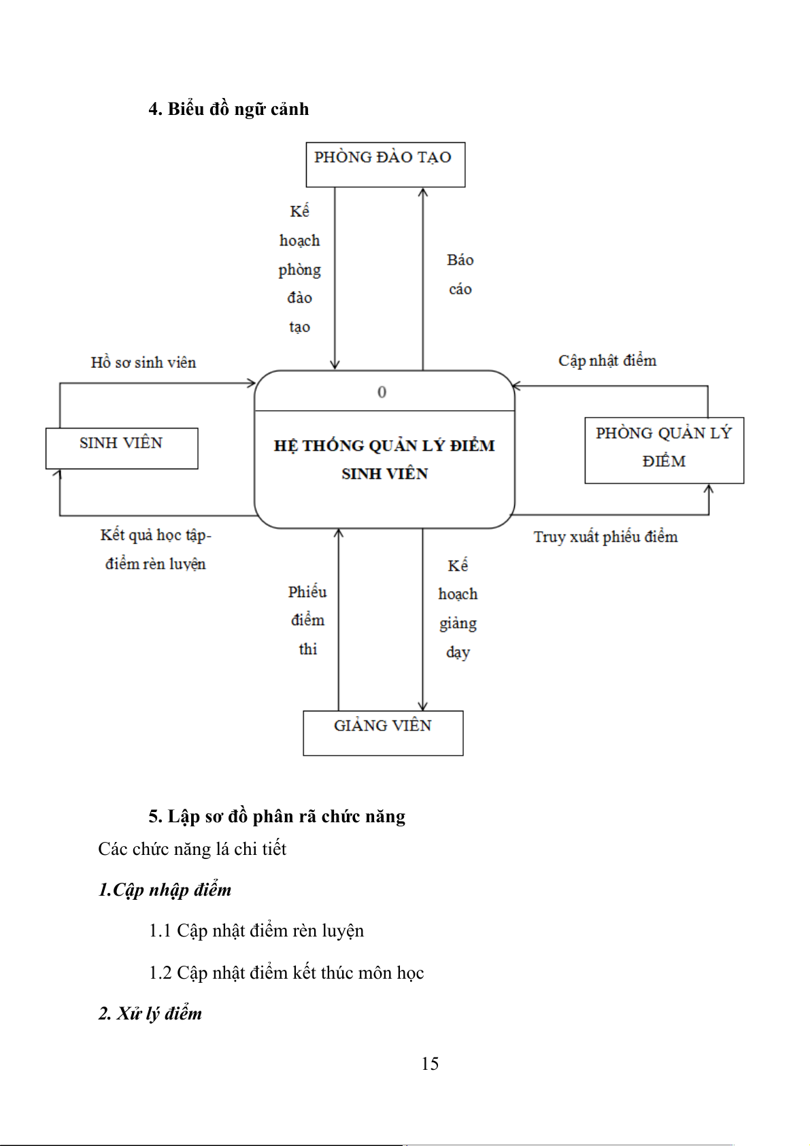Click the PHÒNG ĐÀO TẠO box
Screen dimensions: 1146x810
[x=385, y=164]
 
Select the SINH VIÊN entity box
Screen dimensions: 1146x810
[x=121, y=448]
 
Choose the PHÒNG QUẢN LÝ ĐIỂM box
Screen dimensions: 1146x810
[x=664, y=450]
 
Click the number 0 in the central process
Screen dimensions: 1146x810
[x=382, y=392]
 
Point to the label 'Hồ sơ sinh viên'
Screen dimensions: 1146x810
[x=144, y=363]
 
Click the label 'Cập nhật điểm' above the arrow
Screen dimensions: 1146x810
[x=607, y=360]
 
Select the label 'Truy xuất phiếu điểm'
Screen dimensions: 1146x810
[x=605, y=537]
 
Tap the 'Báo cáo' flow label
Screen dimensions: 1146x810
[x=460, y=274]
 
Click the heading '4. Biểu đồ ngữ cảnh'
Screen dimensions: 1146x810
[x=229, y=109]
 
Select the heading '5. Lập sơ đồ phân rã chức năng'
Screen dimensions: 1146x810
[x=277, y=816]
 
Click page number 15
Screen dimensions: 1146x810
[x=430, y=1064]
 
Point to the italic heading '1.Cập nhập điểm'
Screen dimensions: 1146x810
[x=165, y=890]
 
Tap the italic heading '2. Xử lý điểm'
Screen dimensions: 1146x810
[x=150, y=1013]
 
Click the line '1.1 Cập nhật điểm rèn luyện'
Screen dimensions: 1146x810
[x=256, y=930]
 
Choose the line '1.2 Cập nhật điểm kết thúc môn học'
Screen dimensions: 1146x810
[x=286, y=973]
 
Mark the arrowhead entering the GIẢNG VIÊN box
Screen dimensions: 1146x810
[x=423, y=706]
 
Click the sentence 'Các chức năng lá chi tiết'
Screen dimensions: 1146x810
[x=192, y=849]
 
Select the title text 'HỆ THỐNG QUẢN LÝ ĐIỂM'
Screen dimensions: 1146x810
[x=384, y=445]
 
